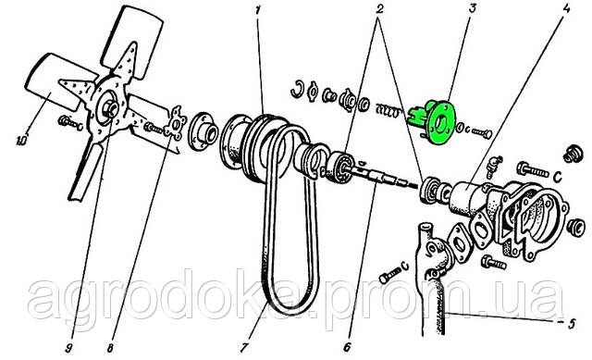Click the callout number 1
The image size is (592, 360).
[x=258, y=10]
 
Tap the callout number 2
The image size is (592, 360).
[x=378, y=8]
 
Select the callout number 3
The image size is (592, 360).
[x=473, y=8]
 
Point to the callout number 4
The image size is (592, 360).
[x=566, y=9]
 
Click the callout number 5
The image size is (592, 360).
[x=572, y=324]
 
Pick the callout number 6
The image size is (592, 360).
[x=347, y=347]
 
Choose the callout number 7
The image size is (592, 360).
[x=244, y=347]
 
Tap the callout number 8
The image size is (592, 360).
[x=110, y=348]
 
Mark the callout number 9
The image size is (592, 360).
[x=68, y=348]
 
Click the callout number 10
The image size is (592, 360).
[x=21, y=141]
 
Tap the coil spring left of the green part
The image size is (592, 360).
[x=388, y=111]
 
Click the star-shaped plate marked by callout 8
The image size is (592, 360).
[x=176, y=123]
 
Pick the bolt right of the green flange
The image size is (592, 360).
[x=481, y=133]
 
